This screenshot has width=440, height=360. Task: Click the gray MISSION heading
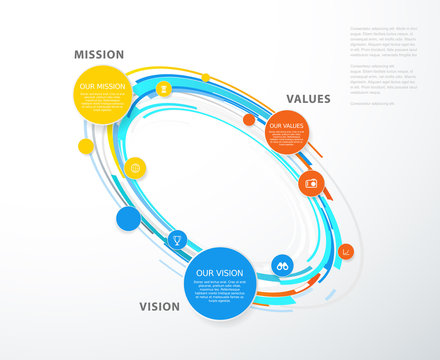(x=99, y=54)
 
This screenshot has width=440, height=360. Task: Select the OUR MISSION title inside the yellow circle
(x=103, y=86)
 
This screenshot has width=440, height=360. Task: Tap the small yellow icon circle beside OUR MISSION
(x=162, y=89)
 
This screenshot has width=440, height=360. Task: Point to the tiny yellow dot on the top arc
(x=205, y=77)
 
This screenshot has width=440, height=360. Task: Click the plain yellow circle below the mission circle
(x=86, y=147)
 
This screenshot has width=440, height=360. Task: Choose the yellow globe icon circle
(x=136, y=167)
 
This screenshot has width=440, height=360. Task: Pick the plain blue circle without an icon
(x=128, y=218)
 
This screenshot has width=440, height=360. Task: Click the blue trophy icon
(x=176, y=239)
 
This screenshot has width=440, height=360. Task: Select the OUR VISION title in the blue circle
(x=218, y=273)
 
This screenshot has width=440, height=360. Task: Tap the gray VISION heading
(x=160, y=307)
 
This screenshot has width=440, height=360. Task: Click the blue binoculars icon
(x=282, y=265)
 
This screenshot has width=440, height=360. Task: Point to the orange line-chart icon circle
(x=344, y=251)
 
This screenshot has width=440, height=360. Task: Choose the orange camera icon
(x=311, y=183)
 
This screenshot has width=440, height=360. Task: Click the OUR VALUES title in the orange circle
(x=286, y=125)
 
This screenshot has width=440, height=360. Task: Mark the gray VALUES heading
(x=308, y=99)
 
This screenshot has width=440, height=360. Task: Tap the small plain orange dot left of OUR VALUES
(x=249, y=120)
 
